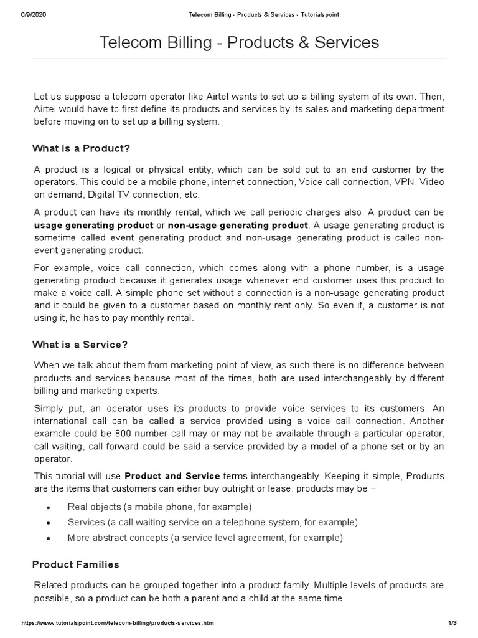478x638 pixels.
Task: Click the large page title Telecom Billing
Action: coord(239,42)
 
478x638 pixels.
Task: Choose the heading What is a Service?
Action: coord(80,345)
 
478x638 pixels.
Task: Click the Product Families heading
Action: coord(75,564)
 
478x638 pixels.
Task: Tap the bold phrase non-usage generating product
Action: coord(238,225)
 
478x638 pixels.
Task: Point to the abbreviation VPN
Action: coord(406,182)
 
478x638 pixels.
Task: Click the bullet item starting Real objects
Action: coord(159,507)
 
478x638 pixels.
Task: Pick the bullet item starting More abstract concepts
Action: coord(205,538)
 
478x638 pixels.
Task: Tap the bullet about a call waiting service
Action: coord(212,522)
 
